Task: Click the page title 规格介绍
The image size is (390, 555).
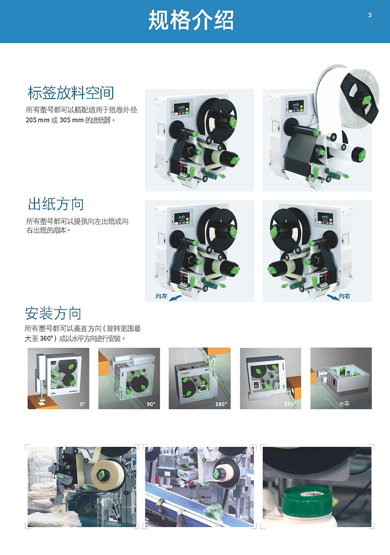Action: (x=191, y=20)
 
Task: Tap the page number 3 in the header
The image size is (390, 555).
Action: (x=370, y=15)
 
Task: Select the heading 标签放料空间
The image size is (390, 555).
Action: (x=71, y=93)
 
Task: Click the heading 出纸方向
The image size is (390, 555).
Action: (x=56, y=204)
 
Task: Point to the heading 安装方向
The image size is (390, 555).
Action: (x=53, y=313)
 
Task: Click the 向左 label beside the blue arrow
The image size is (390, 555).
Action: (x=161, y=296)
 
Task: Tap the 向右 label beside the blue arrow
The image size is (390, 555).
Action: (x=344, y=296)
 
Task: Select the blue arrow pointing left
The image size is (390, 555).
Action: (x=176, y=297)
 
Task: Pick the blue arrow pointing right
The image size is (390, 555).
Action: (x=332, y=297)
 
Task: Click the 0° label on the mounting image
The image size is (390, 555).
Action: (x=82, y=404)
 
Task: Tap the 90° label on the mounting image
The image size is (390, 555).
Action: (x=151, y=404)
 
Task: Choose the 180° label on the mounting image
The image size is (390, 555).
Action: (x=221, y=404)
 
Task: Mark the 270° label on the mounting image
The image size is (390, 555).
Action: (x=290, y=404)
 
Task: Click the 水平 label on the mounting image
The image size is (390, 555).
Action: (x=344, y=403)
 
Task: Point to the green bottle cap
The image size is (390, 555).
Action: (x=307, y=501)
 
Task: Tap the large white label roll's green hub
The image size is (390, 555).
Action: (x=365, y=100)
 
